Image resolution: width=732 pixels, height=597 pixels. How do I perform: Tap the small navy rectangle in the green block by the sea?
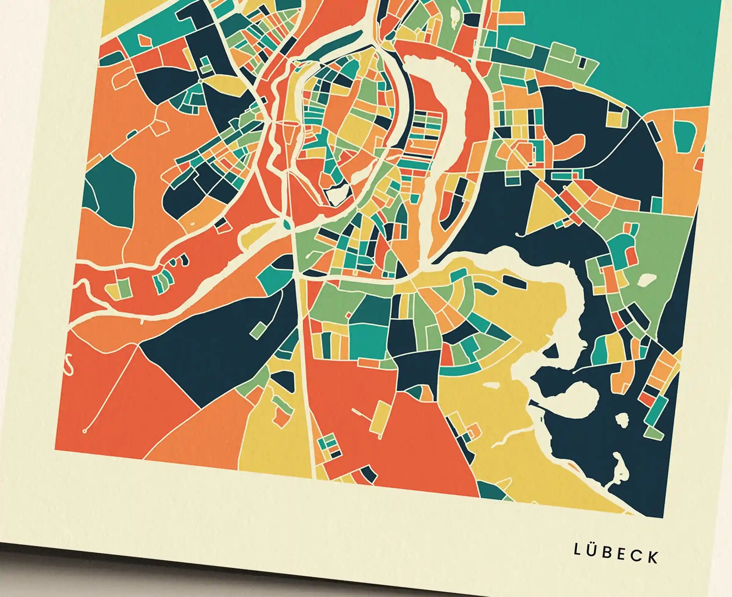coord(583,62)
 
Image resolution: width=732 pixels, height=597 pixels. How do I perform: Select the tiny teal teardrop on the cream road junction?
coord(288,225)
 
